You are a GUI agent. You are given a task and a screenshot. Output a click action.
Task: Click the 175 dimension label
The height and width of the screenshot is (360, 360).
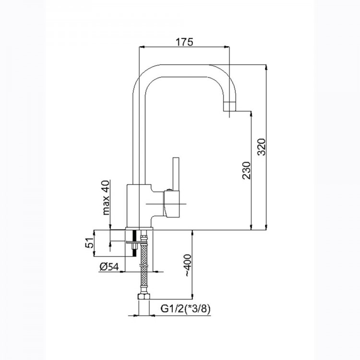[x=184, y=42]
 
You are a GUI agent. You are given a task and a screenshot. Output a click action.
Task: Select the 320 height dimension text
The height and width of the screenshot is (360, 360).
[x=262, y=147]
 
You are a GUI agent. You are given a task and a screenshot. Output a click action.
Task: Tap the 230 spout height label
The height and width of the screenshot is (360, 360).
[x=247, y=170]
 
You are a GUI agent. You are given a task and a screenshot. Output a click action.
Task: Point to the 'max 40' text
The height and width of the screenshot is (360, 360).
[x=106, y=198]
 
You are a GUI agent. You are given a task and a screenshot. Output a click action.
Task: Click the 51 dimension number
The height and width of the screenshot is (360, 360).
[x=90, y=242]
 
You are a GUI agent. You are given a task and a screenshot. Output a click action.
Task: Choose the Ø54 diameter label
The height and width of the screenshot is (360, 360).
[x=109, y=267]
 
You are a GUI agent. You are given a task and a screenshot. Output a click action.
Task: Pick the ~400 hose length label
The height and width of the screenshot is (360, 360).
[x=188, y=265]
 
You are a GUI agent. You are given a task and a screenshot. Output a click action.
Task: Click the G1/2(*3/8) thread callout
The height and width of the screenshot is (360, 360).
[x=185, y=309]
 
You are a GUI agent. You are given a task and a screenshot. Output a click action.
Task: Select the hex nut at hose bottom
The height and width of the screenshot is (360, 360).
[x=144, y=297]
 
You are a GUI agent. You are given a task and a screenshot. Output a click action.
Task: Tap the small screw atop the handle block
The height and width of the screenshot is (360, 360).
[x=169, y=190]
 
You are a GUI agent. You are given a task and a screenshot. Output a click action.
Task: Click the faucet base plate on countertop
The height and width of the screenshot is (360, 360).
[x=139, y=228]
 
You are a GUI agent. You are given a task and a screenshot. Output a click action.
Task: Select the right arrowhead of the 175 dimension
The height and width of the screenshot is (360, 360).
[x=227, y=47]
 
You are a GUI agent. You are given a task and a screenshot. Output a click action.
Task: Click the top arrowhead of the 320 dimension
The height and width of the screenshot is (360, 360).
[x=266, y=68]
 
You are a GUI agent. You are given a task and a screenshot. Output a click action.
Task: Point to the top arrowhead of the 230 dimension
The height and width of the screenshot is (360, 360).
[x=251, y=114]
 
